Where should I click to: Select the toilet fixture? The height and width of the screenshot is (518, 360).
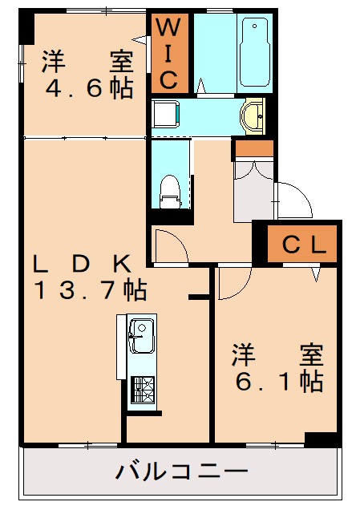169,190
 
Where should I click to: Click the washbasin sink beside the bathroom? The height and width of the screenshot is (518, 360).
255,114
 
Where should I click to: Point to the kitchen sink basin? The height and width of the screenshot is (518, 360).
142,334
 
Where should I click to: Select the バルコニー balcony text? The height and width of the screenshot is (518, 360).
181,471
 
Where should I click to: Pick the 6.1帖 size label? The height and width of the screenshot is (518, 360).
278,381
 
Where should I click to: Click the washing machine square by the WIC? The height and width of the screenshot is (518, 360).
166,113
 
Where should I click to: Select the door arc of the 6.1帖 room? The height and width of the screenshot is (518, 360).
233,285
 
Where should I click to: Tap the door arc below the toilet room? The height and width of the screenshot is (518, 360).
171,245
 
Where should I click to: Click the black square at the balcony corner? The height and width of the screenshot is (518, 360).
322,439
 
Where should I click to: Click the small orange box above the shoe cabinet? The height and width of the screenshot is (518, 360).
253,148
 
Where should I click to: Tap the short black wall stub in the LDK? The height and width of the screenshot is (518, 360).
198,298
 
